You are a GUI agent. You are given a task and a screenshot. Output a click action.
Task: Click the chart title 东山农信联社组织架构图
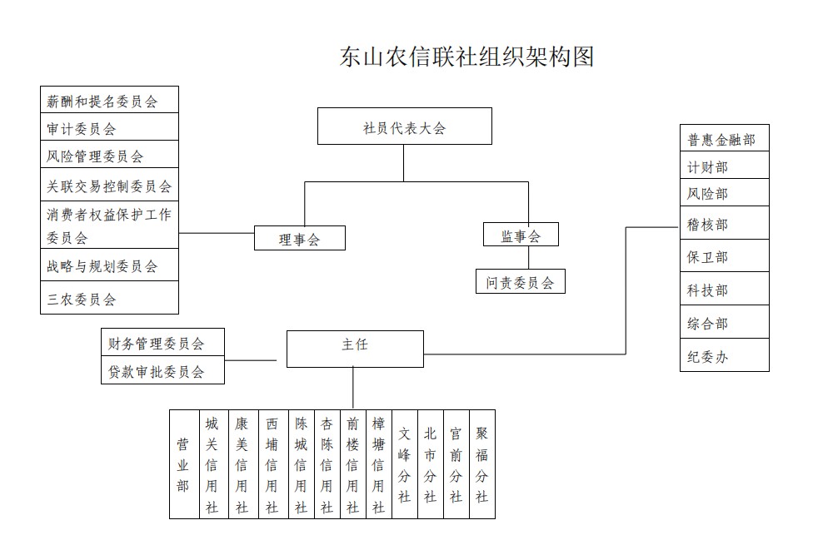(x=467, y=57)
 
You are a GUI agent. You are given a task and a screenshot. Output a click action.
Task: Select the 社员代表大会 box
(x=405, y=126)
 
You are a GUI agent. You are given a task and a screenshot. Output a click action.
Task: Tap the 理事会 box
(x=300, y=238)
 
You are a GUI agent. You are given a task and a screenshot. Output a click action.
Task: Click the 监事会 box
(x=521, y=235)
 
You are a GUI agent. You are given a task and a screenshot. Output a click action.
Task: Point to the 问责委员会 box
(x=521, y=281)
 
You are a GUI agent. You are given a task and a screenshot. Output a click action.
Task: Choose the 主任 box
(x=355, y=349)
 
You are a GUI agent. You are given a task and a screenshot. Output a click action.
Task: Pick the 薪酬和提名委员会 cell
(x=110, y=100)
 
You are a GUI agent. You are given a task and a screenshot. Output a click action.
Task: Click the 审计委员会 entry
(x=110, y=126)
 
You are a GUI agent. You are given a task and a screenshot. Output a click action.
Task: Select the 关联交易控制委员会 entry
(x=110, y=185)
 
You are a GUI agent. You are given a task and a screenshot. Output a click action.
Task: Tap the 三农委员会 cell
(x=110, y=298)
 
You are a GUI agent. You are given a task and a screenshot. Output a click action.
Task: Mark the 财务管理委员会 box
(x=162, y=343)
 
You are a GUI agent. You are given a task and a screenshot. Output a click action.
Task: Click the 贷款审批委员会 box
(x=162, y=370)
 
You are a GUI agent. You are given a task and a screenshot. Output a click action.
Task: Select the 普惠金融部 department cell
(x=725, y=138)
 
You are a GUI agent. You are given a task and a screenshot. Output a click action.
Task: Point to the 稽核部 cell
(x=725, y=223)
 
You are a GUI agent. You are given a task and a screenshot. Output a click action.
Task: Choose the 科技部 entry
(x=725, y=289)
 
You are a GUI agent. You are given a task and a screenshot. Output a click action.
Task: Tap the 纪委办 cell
(x=725, y=355)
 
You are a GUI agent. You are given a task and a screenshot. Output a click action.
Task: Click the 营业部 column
(x=185, y=464)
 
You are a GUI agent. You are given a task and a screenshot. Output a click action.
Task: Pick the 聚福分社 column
(x=482, y=464)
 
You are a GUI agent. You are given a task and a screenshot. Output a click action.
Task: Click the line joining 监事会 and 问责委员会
(x=528, y=257)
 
